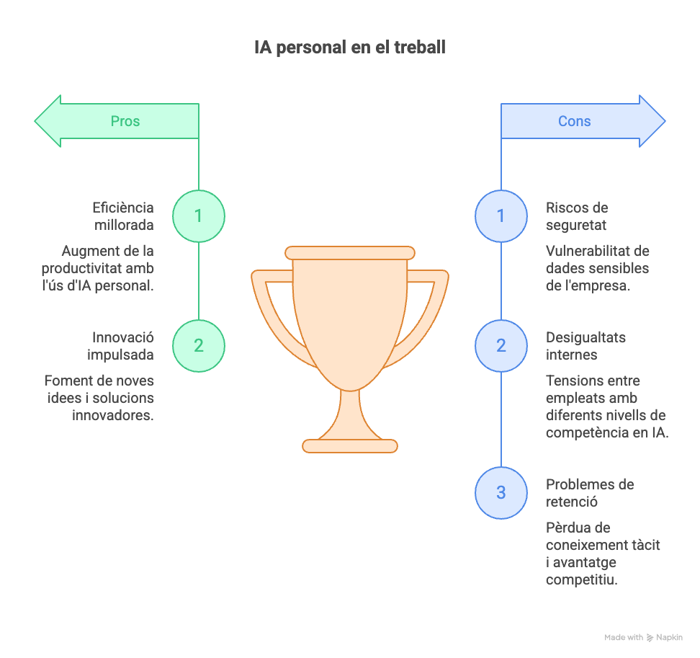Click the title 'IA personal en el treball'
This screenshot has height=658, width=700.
[350, 48]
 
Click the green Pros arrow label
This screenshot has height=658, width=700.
[125, 121]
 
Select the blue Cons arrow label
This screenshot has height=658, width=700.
[575, 121]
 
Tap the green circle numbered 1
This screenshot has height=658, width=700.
[199, 216]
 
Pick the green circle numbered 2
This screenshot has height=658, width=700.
[199, 346]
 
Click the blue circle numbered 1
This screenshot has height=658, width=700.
[501, 216]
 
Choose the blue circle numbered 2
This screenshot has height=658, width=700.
[501, 346]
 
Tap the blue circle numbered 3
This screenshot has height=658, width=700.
[501, 493]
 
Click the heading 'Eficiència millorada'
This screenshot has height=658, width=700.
[123, 216]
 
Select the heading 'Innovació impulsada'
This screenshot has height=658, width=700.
[121, 346]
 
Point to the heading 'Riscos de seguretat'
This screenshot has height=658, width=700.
[577, 216]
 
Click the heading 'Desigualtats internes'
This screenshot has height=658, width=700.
[585, 346]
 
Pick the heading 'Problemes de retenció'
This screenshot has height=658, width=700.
[590, 493]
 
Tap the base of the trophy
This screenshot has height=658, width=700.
[350, 446]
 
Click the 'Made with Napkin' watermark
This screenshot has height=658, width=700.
[643, 637]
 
